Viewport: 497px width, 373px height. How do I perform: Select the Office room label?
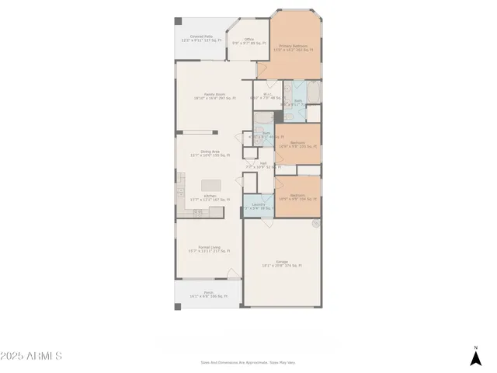[248, 40]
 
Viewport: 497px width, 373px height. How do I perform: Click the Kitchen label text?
[210, 197]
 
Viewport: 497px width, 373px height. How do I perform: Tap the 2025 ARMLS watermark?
[31, 356]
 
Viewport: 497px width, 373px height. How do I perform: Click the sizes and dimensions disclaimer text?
[248, 362]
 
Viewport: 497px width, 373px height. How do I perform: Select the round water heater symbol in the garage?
[315, 225]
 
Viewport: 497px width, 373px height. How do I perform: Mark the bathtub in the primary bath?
[314, 93]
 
